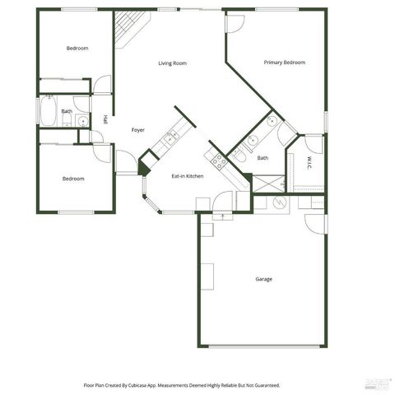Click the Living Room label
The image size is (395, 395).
click(x=173, y=63)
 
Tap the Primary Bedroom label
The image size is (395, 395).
click(x=285, y=63)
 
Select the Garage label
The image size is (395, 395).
click(x=263, y=279)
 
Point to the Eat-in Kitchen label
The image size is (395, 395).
click(x=187, y=176)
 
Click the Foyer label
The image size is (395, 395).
click(x=138, y=130)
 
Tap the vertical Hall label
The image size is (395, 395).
click(x=105, y=120)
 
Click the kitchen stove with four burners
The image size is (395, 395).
click(x=219, y=161)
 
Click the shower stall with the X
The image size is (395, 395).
click(x=268, y=183)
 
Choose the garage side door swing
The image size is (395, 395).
click(x=315, y=222)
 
